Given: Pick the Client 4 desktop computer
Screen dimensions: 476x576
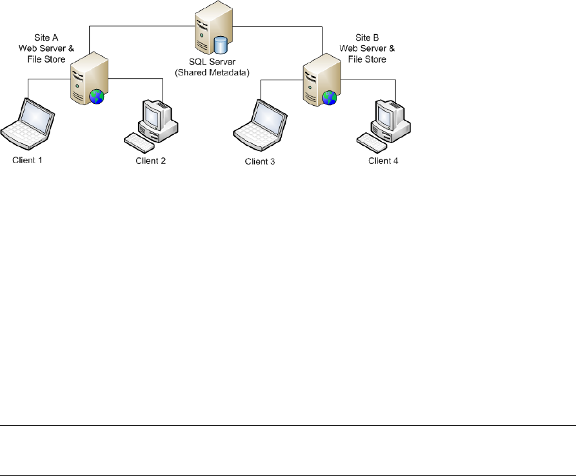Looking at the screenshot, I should pyautogui.click(x=388, y=119).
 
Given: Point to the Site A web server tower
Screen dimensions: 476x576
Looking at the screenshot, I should pyautogui.click(x=85, y=79).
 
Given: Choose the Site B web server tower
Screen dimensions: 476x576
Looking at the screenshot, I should pyautogui.click(x=317, y=79).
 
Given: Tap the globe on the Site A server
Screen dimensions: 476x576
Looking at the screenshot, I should pyautogui.click(x=97, y=97).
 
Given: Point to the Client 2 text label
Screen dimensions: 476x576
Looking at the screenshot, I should pyautogui.click(x=151, y=161).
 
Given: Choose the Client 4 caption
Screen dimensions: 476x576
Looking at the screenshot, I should pyautogui.click(x=383, y=161).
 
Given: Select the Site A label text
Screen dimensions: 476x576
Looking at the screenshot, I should pyautogui.click(x=46, y=38).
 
